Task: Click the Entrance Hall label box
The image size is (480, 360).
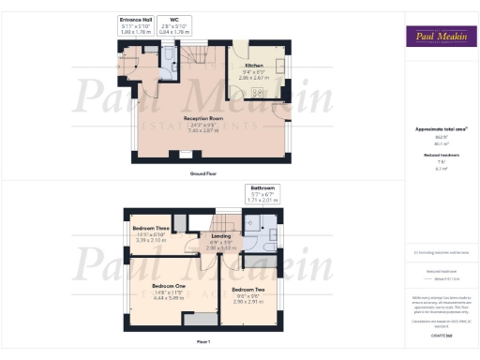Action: (x=136, y=25)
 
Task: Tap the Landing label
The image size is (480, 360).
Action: (x=221, y=236)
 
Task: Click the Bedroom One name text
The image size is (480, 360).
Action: (x=170, y=286)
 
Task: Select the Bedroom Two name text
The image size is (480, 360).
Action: (x=248, y=291)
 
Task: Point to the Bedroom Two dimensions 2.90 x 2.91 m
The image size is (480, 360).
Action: (x=248, y=302)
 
